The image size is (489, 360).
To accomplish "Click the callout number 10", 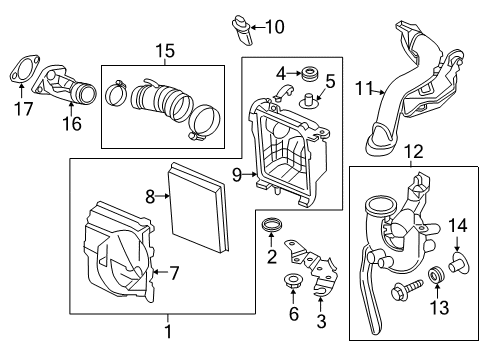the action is [275, 27].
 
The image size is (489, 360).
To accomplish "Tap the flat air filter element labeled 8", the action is [198, 207].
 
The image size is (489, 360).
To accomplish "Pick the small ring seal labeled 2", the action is [272, 225].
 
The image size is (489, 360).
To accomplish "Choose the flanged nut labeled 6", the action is [293, 281].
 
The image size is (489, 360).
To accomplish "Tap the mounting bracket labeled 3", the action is [311, 267].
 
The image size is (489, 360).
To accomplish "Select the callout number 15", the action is [165, 51].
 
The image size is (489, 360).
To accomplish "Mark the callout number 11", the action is [364, 88].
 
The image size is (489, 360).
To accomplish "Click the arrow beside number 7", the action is [160, 272].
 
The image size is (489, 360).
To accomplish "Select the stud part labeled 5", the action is [309, 100].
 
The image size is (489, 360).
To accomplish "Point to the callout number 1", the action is [168, 332].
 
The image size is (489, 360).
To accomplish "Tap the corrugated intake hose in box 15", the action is [162, 102].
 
